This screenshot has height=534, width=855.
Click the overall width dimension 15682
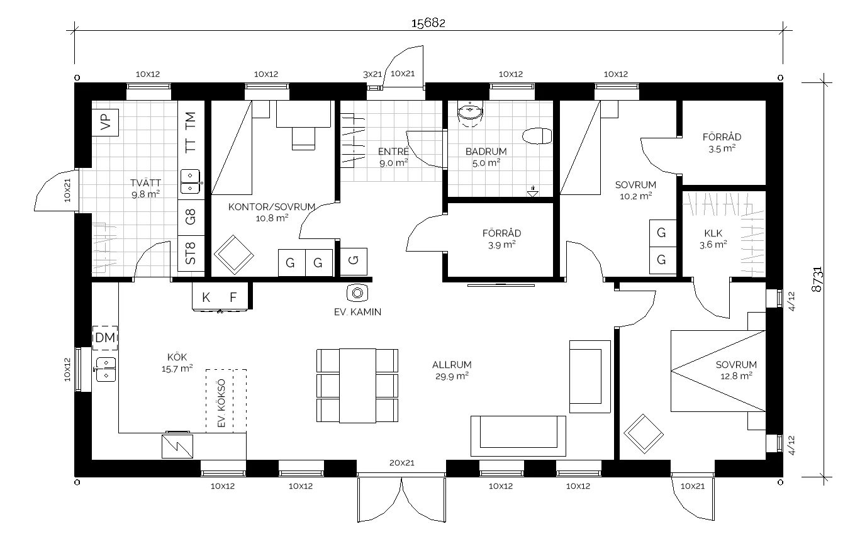[x=428, y=23]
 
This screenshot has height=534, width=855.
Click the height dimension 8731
[x=817, y=279]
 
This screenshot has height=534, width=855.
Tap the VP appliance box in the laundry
[x=105, y=123]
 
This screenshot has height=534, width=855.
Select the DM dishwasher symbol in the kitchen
[x=105, y=338]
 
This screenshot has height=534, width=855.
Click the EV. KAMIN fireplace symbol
[x=357, y=293]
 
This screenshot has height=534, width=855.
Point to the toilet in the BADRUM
[x=537, y=136]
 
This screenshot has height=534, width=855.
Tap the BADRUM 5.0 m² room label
[x=486, y=157]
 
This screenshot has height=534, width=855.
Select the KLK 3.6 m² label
[x=713, y=239]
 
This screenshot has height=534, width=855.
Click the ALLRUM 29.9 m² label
[x=452, y=370]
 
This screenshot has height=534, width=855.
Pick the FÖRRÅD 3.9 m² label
[x=501, y=239]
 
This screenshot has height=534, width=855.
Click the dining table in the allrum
[x=357, y=386]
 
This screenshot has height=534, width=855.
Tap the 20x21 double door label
[x=401, y=463]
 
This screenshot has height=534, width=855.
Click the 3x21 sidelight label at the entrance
[x=372, y=74]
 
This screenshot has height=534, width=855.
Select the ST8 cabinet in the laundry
[x=191, y=253]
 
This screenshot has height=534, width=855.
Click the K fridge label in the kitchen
[x=206, y=297]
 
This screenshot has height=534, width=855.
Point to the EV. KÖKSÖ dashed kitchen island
[x=226, y=401]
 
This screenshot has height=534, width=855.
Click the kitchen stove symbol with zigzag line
[x=177, y=446]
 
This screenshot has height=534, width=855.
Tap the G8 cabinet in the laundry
[x=191, y=217]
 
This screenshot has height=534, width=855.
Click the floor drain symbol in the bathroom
[x=532, y=192]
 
